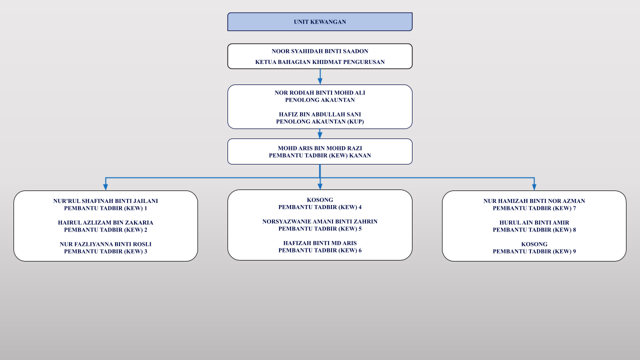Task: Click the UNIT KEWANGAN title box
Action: pyautogui.click(x=319, y=21)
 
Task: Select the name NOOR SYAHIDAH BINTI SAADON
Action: pyautogui.click(x=319, y=51)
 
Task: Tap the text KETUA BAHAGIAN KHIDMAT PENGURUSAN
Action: pyautogui.click(x=319, y=62)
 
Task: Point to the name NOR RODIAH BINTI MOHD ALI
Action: pyautogui.click(x=319, y=93)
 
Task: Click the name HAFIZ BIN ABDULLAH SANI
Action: pyautogui.click(x=319, y=114)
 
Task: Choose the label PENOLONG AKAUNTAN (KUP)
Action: pyautogui.click(x=319, y=121)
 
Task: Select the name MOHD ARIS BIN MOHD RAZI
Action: pyautogui.click(x=319, y=148)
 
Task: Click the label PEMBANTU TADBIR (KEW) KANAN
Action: pyautogui.click(x=319, y=155)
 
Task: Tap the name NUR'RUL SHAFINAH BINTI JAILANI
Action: pyautogui.click(x=105, y=201)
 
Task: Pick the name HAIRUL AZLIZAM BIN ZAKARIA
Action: pyautogui.click(x=105, y=222)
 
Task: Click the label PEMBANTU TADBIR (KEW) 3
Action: pyautogui.click(x=105, y=251)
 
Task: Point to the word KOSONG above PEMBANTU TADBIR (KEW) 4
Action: pyautogui.click(x=319, y=200)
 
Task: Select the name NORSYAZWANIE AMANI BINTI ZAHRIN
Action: pyautogui.click(x=319, y=221)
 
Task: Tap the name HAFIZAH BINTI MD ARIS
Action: pyautogui.click(x=319, y=243)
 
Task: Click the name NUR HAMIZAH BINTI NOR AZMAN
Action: pyautogui.click(x=534, y=201)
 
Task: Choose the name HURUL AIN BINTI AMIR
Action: pyautogui.click(x=534, y=222)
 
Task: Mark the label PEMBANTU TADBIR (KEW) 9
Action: pyautogui.click(x=534, y=251)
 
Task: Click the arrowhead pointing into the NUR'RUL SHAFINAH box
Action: pyautogui.click(x=105, y=187)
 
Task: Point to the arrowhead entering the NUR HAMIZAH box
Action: pyautogui.click(x=534, y=187)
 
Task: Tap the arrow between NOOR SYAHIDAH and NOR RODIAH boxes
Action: pyautogui.click(x=320, y=76)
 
